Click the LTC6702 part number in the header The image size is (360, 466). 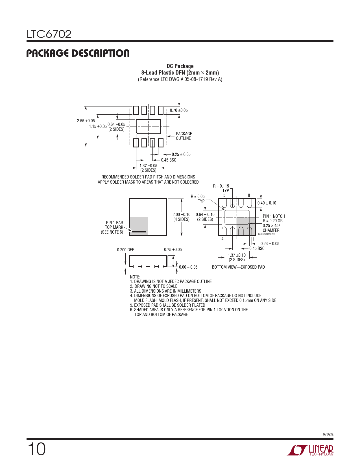[x=49, y=34]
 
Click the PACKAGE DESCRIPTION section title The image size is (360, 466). [x=78, y=53]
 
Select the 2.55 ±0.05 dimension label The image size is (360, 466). [x=86, y=121]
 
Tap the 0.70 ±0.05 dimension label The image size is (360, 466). [x=179, y=110]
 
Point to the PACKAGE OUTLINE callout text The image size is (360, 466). [x=184, y=136]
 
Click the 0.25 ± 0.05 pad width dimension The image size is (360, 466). [x=181, y=154]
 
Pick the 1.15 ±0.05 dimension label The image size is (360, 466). [x=98, y=127]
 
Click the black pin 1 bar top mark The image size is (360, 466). [x=139, y=232]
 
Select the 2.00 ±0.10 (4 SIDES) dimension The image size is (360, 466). [x=181, y=217]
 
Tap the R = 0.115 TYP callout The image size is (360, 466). [x=221, y=188]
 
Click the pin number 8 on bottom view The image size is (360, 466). [x=249, y=195]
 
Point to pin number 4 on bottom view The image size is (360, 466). [x=222, y=239]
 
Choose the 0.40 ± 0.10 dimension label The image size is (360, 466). [x=267, y=203]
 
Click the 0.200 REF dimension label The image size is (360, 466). [x=125, y=250]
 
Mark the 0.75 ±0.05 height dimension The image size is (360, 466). [x=173, y=250]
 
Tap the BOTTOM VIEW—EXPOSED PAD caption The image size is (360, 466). [x=238, y=267]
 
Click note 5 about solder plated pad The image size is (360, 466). [x=168, y=305]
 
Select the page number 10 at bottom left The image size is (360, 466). [x=37, y=449]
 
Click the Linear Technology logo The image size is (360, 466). [x=310, y=450]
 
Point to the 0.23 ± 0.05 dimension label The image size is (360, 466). [x=270, y=244]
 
